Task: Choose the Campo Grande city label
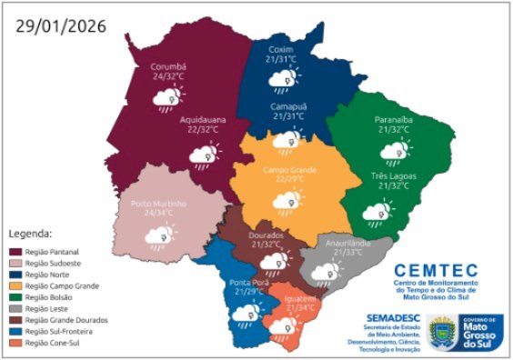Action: tap(288, 169)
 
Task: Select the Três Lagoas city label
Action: tap(392, 175)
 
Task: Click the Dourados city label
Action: tap(267, 235)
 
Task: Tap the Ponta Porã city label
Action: tap(247, 280)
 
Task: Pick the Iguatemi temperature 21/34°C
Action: tap(302, 308)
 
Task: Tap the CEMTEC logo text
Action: tap(437, 270)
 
